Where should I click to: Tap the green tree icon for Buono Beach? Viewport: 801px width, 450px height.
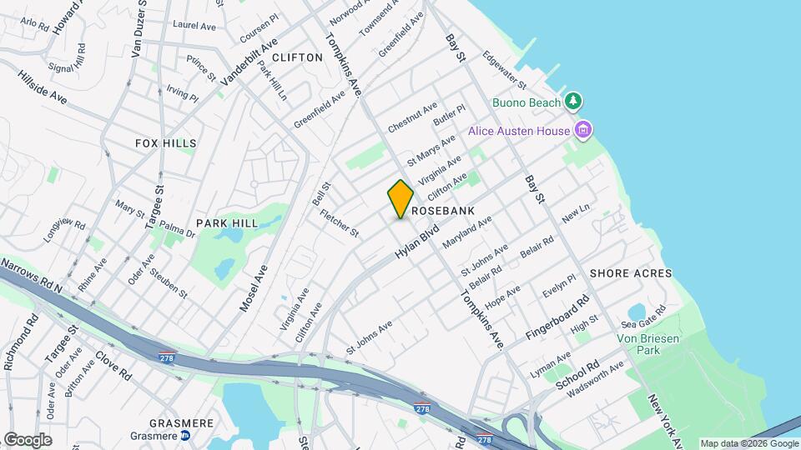pos(572,102)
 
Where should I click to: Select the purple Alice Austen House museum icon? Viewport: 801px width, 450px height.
pos(584,130)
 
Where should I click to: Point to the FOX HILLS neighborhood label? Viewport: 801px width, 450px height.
pos(165,143)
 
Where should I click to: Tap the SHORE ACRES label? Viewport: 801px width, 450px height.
pos(631,273)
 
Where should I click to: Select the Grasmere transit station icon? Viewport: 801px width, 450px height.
pos(186,435)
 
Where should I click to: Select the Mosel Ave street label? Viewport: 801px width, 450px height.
pos(254,288)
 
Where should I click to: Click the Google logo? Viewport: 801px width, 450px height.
pos(27,439)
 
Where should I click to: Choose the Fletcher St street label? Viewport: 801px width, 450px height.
pos(339,222)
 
